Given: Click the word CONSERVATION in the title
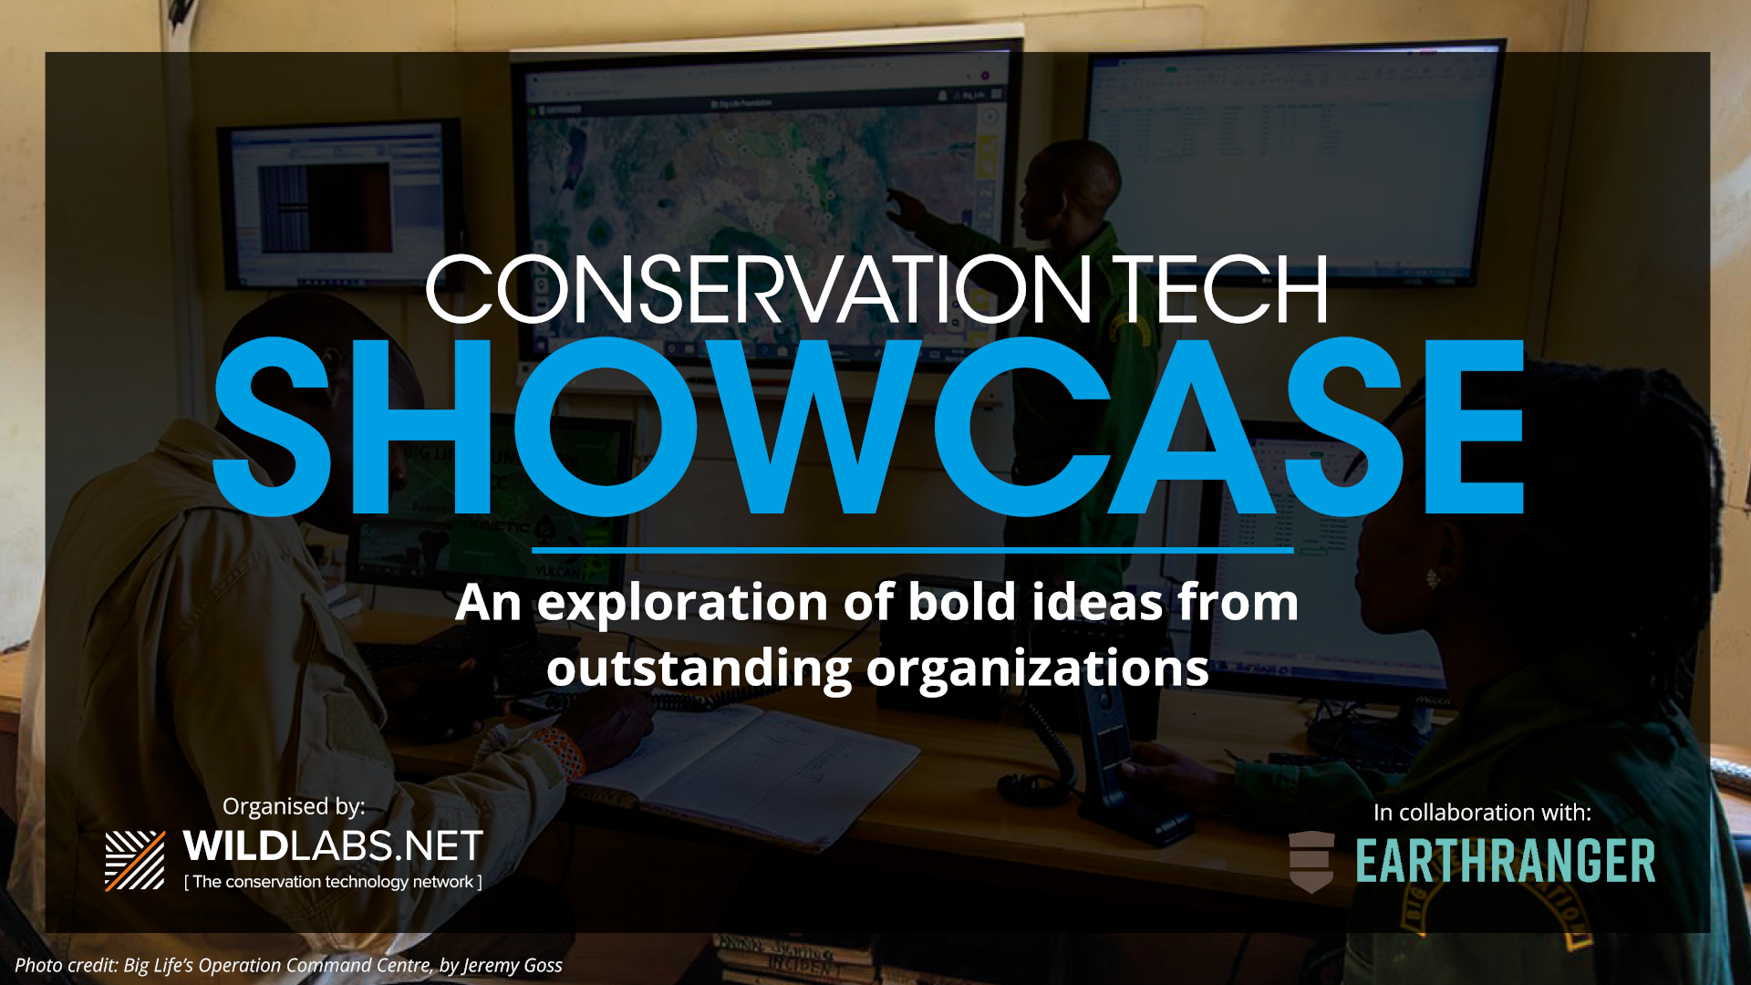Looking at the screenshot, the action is (x=759, y=289).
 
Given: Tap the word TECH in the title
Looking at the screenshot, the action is (x=1219, y=289).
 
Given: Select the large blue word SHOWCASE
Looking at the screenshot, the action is (x=868, y=427).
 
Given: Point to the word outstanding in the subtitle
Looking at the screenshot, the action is (x=699, y=669).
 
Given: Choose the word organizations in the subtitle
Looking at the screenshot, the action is (x=1037, y=669).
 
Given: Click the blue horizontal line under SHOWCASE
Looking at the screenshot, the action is (x=912, y=550).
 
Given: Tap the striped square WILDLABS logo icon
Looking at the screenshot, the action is (x=135, y=860).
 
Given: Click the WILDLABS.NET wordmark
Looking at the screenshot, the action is (x=333, y=846).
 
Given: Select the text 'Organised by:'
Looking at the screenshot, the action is (x=294, y=806).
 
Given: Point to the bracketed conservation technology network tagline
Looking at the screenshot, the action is (x=333, y=882).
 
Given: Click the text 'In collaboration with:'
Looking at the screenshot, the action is (x=1482, y=813).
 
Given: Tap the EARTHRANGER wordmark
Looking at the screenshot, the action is (x=1505, y=861).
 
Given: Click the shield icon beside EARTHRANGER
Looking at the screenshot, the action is (x=1311, y=862).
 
